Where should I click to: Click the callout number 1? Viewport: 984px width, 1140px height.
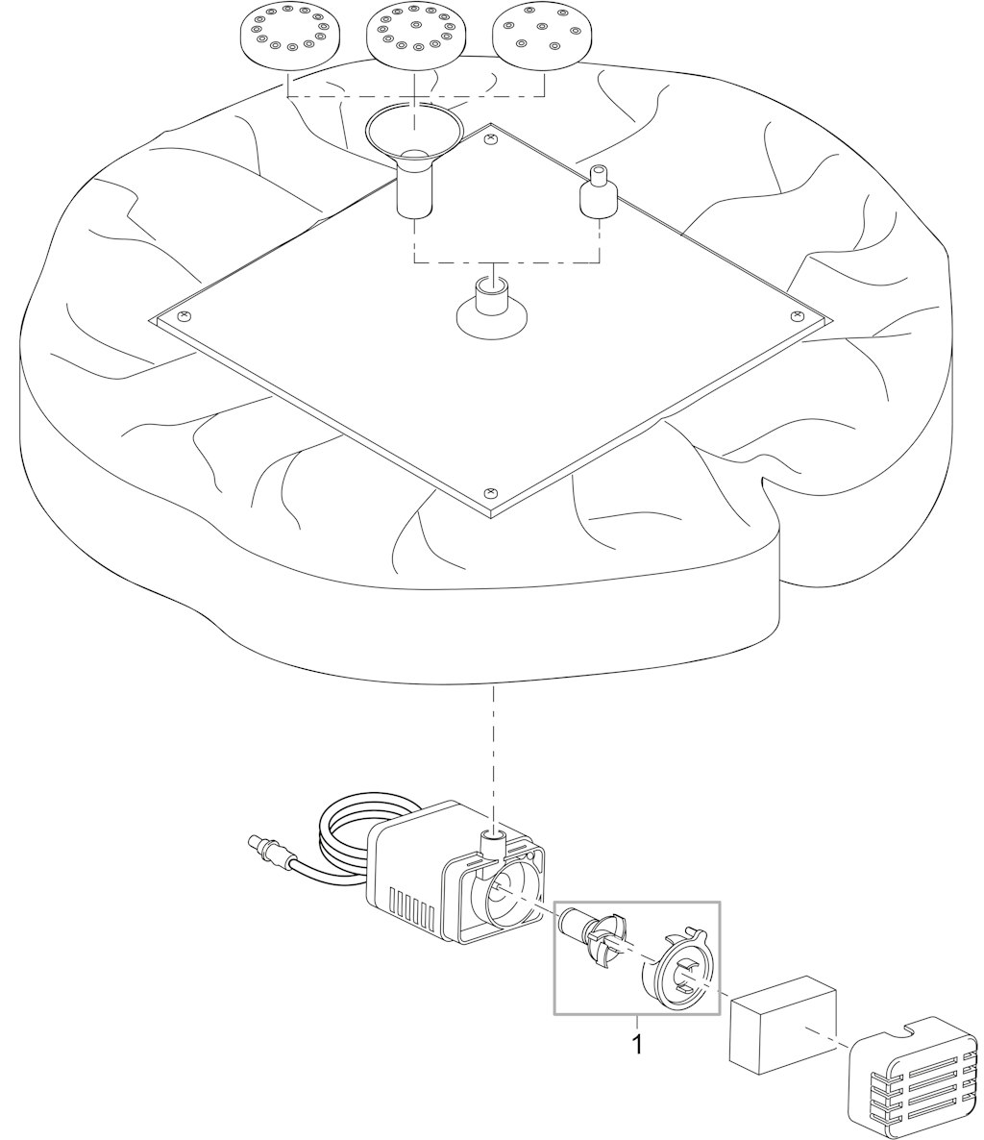pyautogui.click(x=637, y=1045)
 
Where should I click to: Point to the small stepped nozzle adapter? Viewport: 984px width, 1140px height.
pyautogui.click(x=598, y=192)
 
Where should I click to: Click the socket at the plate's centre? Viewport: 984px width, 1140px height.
pyautogui.click(x=492, y=310)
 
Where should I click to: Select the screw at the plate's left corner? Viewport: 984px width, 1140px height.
pyautogui.click(x=183, y=315)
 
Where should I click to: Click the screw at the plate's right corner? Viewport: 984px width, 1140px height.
pyautogui.click(x=798, y=315)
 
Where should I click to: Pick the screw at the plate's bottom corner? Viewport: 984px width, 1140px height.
pyautogui.click(x=491, y=492)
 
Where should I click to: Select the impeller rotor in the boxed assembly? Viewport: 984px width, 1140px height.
pyautogui.click(x=591, y=937)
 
